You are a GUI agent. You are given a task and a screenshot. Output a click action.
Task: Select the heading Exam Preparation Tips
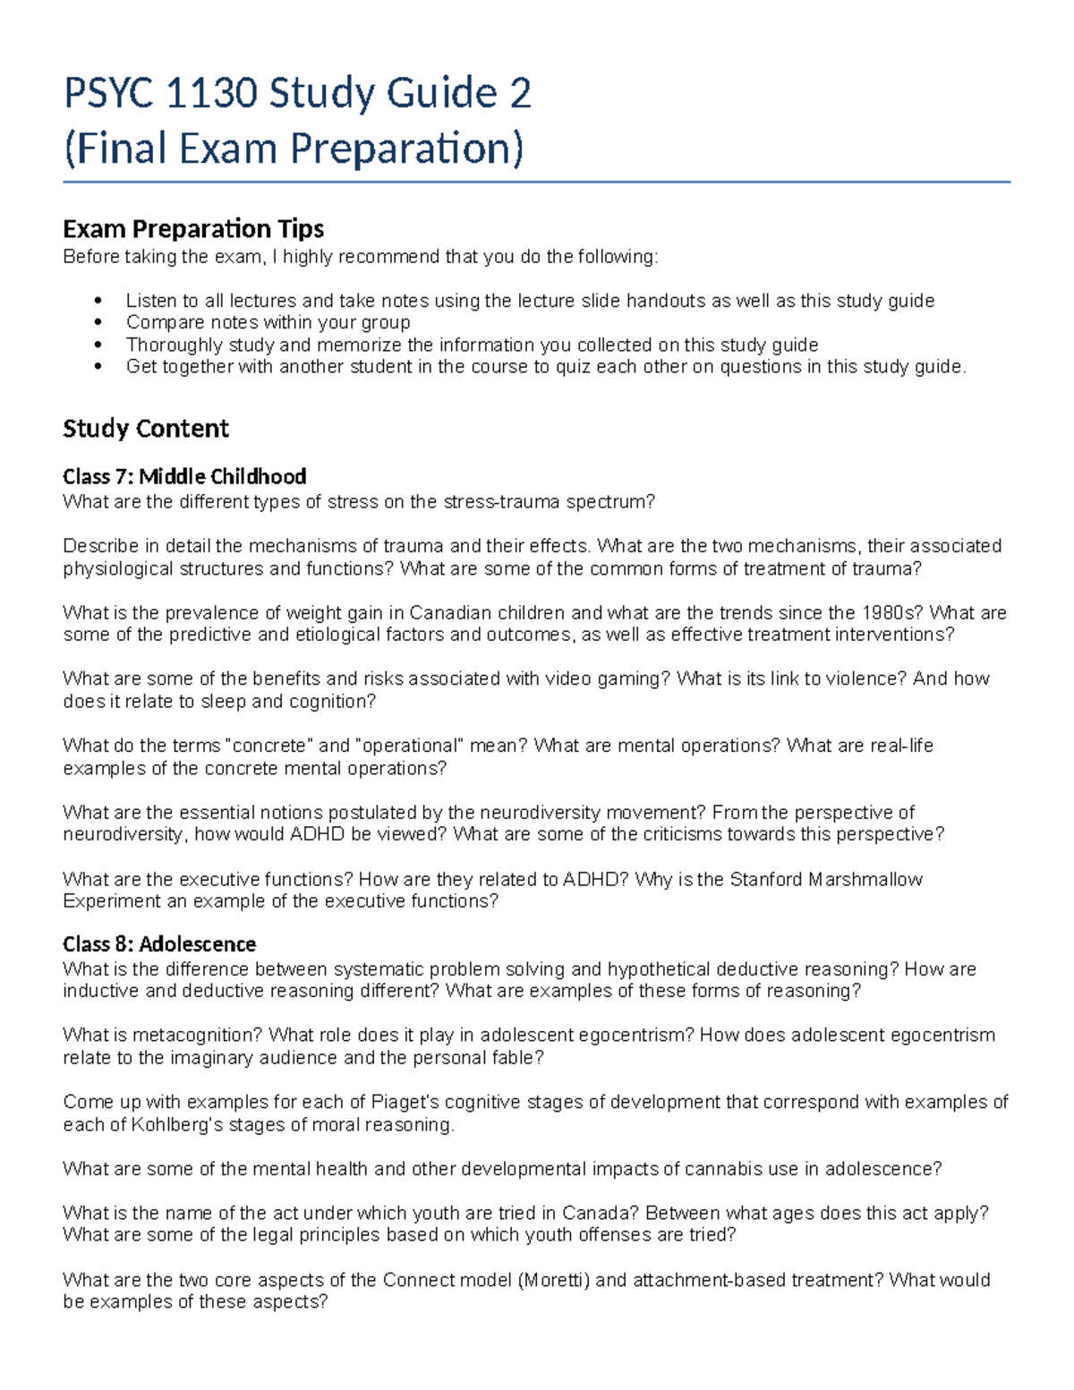click(x=193, y=229)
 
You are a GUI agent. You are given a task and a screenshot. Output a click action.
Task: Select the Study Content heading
click(x=146, y=429)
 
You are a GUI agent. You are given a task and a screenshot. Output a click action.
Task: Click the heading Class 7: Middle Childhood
click(x=184, y=476)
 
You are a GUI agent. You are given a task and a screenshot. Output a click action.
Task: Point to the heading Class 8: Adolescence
click(x=159, y=943)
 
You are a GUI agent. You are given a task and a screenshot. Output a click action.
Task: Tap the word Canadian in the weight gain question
click(x=451, y=613)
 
